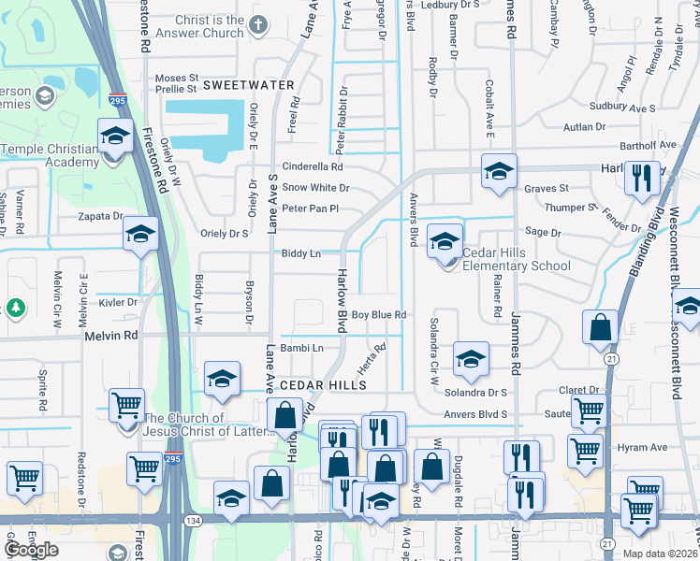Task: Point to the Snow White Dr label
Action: point(315,187)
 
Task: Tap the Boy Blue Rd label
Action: point(378,315)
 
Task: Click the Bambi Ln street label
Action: point(302,348)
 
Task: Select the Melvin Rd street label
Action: point(110,335)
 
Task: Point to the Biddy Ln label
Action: point(301,253)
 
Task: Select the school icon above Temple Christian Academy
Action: point(115,136)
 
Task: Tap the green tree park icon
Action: point(16,308)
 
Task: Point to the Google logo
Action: point(31,550)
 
